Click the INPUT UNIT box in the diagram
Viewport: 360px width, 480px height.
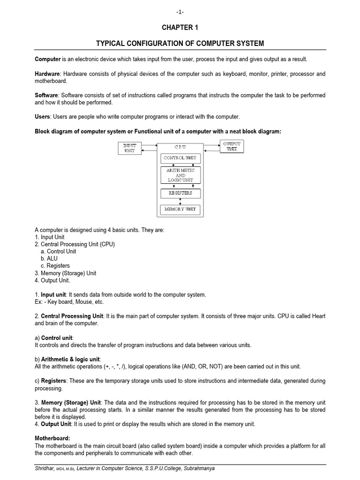(129, 148)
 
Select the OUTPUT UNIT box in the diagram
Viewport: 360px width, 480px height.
(232, 146)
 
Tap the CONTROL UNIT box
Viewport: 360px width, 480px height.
(180, 158)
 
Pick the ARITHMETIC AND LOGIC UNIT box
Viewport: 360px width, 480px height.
(180, 175)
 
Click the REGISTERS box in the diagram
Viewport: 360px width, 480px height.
(180, 193)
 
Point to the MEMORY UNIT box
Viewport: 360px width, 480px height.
(180, 210)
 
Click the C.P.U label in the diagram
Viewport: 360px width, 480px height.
(180, 147)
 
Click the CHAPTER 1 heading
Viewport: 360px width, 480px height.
(180, 28)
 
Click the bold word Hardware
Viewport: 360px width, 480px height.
(48, 74)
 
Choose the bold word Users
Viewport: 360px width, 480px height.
(43, 116)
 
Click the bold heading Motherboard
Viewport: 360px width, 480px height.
(51, 438)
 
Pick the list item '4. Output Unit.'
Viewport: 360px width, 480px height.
(52, 280)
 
